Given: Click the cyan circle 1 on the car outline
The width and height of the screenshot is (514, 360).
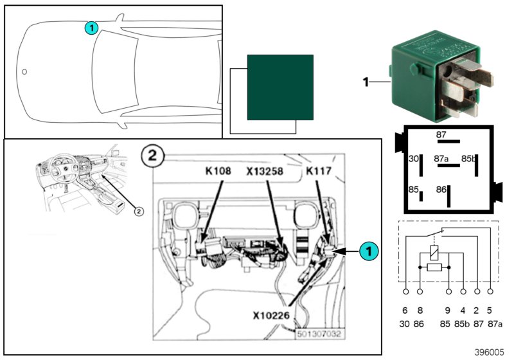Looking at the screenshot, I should (x=91, y=28).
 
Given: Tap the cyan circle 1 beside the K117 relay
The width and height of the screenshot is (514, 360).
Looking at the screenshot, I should (x=366, y=251).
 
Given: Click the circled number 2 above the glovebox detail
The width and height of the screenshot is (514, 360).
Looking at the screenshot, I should (x=149, y=156).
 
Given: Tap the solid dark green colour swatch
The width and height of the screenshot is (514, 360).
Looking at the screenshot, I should (x=280, y=87).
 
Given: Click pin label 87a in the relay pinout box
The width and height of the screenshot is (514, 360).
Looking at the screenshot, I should (x=441, y=158).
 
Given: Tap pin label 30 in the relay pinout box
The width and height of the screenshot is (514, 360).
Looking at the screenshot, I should (x=414, y=158).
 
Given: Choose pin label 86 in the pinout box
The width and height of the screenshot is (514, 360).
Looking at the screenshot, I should (x=441, y=190).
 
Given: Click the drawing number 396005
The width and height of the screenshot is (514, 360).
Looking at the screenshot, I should (x=490, y=352).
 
